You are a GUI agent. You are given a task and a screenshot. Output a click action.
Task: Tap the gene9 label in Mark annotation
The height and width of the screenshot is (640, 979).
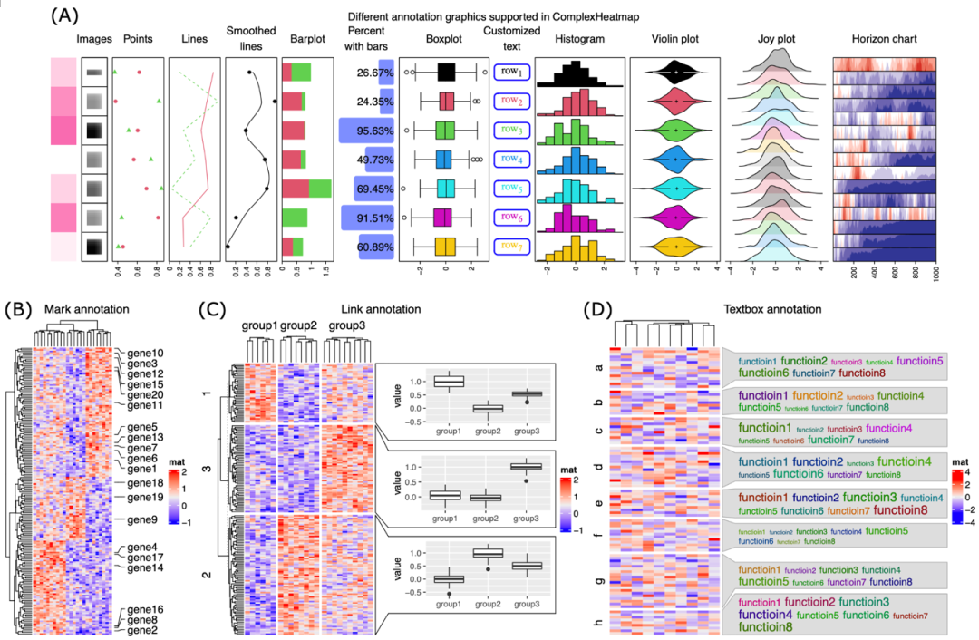coord(143,519)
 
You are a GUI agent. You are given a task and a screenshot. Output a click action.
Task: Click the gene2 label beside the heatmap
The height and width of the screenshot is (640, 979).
coord(142,630)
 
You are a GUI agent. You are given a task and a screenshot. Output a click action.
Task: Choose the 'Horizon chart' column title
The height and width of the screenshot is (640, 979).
coord(884,40)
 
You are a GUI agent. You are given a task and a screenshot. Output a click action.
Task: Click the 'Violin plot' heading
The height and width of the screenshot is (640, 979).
coord(675,40)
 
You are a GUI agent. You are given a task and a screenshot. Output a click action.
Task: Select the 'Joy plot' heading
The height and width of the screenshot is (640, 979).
coord(776,40)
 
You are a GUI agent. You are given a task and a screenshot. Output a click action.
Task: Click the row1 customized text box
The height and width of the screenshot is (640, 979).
coord(512,72)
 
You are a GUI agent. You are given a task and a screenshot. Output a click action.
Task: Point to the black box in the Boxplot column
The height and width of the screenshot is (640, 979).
coord(446,72)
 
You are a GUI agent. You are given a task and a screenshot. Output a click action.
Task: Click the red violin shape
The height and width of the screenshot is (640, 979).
coord(675,101)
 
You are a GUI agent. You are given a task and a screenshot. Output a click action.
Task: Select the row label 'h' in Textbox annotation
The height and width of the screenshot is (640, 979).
coord(598,622)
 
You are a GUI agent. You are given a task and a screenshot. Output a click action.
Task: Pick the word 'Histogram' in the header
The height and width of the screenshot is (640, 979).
coord(581,40)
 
